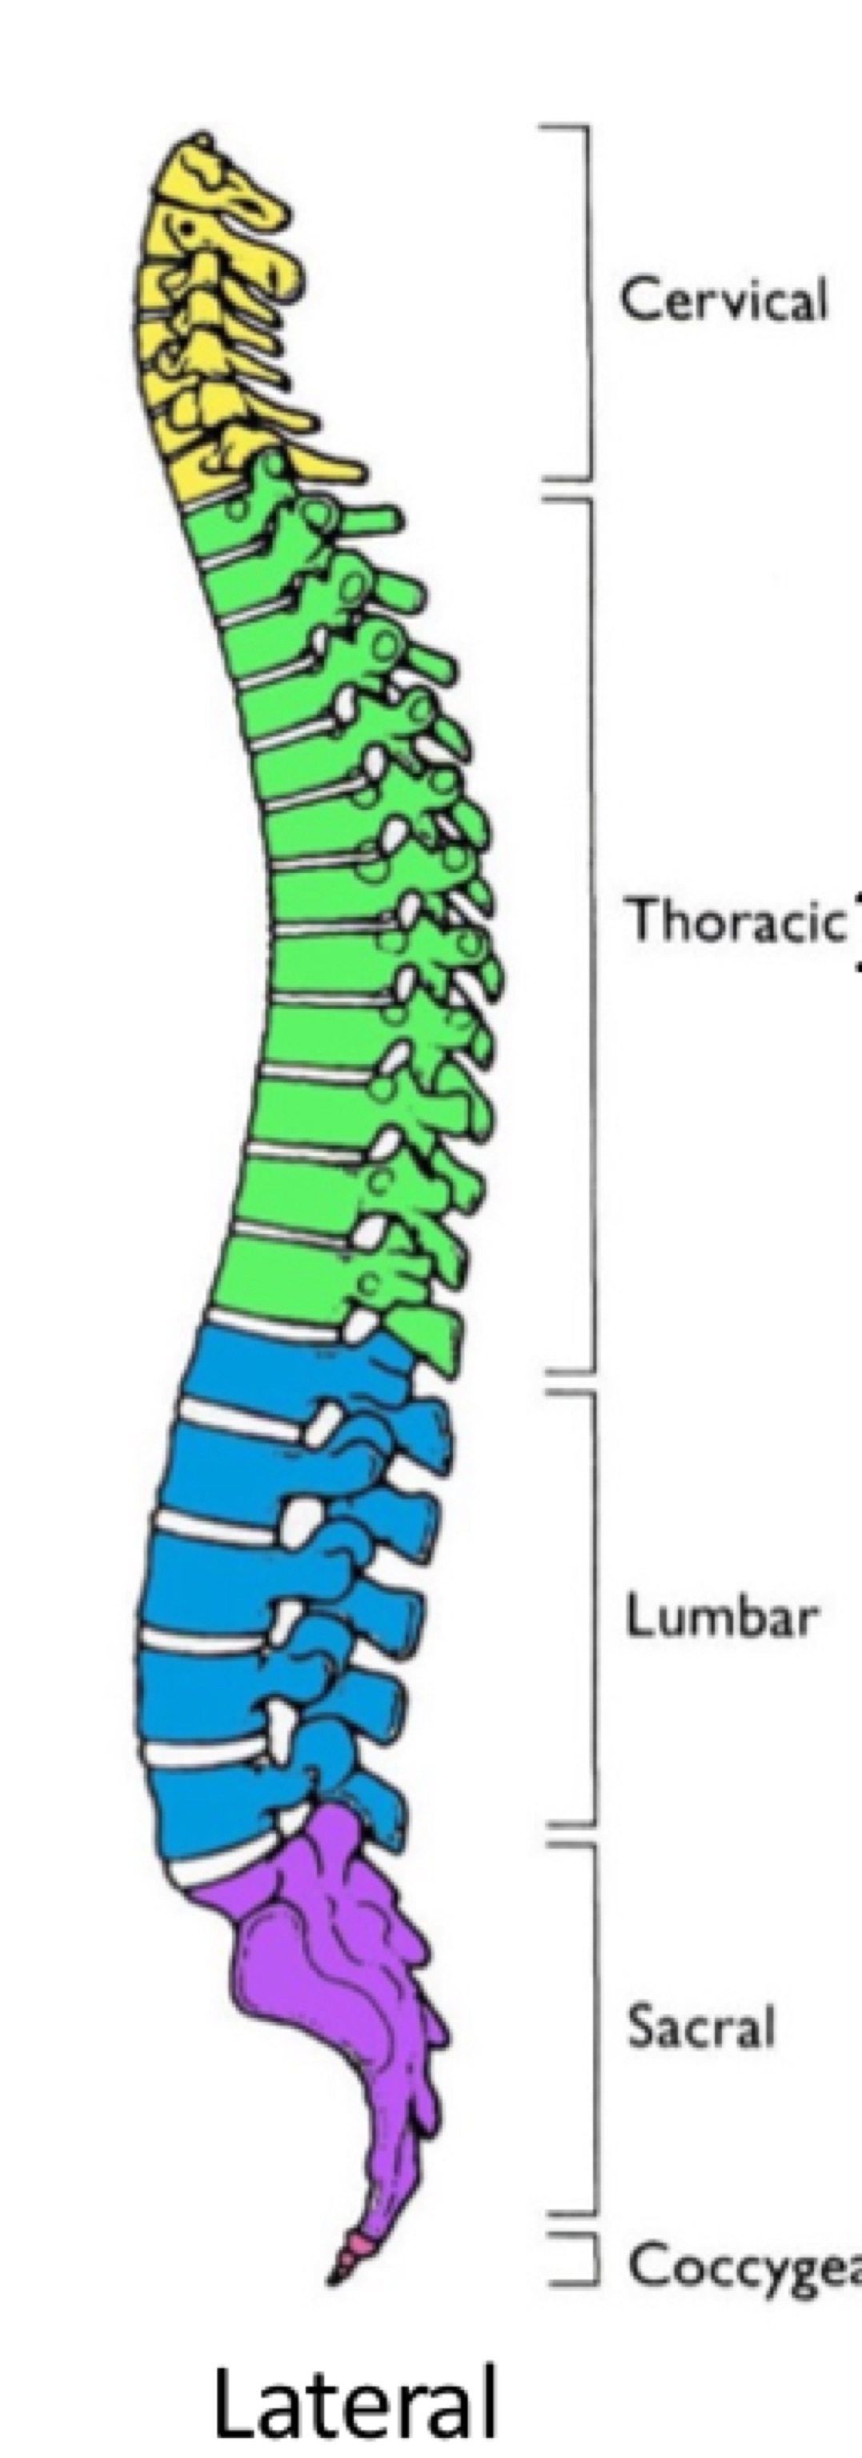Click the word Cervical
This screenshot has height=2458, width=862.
point(723,299)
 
